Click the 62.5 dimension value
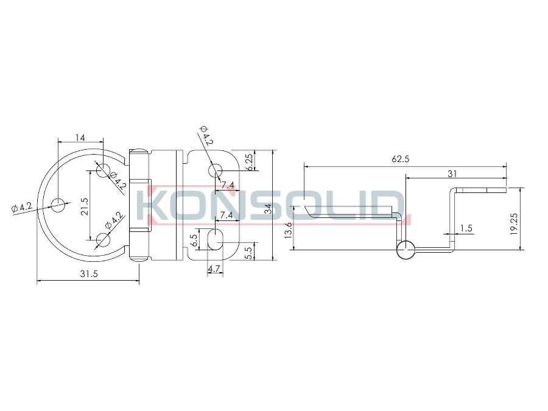click(x=400, y=159)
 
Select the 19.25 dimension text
click(x=513, y=223)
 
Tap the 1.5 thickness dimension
click(x=466, y=228)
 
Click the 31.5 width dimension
click(x=89, y=273)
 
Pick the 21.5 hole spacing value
click(x=84, y=206)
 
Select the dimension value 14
click(x=80, y=138)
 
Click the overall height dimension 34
click(x=268, y=209)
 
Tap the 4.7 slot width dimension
click(x=214, y=269)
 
